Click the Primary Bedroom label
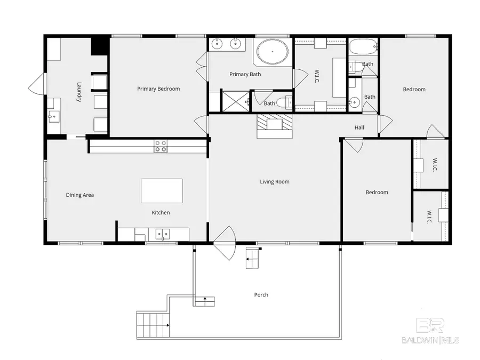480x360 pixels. coord(158,89)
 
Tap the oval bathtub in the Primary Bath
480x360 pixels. coord(272,52)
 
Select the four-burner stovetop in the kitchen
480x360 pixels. coord(161,146)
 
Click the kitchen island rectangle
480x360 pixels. coord(162,191)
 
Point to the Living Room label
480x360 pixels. coord(275,181)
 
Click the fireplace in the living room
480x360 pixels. coord(274,126)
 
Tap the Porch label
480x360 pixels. coord(261,294)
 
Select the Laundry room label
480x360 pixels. coord(79,92)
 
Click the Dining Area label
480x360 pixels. coord(80,195)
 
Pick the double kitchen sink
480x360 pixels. coord(163,234)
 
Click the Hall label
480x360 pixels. coord(359,127)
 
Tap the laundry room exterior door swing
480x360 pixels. coord(37,84)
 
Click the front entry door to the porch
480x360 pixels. coord(225,243)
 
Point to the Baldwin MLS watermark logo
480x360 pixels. coord(430,331)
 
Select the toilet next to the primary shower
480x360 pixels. coord(284,102)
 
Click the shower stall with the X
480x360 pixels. coord(235,101)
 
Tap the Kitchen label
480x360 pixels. coord(161,212)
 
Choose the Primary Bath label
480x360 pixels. coord(245,74)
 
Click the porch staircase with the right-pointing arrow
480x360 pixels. coord(153,325)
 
